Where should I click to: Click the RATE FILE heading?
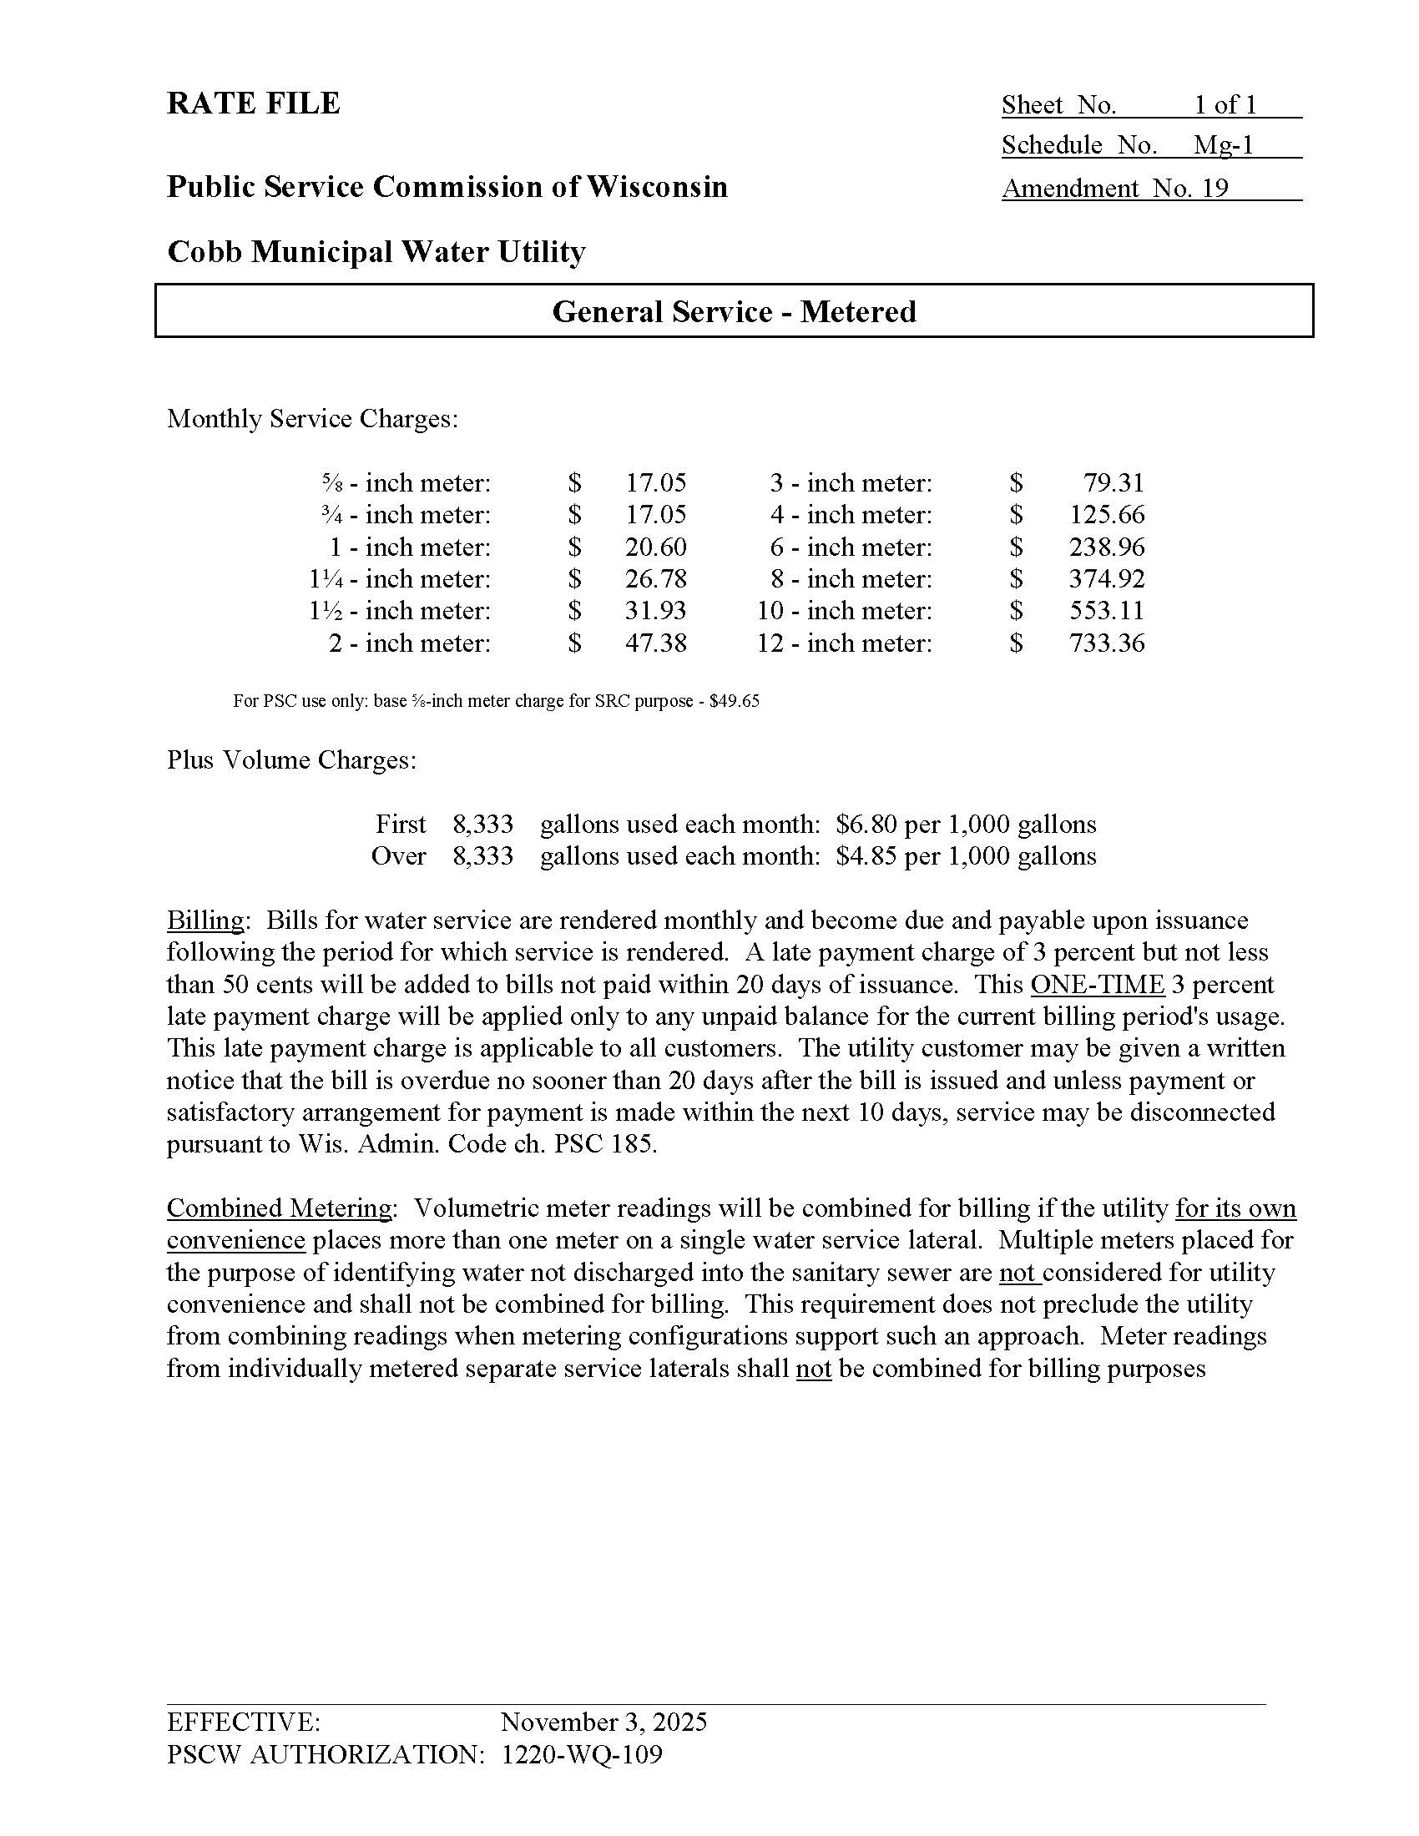[x=253, y=103]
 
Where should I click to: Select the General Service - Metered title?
[x=733, y=312]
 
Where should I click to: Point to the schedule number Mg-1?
[x=1223, y=145]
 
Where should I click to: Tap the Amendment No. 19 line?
[x=1114, y=188]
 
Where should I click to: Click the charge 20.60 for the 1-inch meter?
[x=655, y=547]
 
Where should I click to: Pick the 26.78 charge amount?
[x=655, y=579]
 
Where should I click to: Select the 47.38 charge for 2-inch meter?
[x=655, y=643]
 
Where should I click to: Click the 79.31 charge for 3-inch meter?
[x=1113, y=483]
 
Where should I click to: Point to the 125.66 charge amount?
[x=1106, y=514]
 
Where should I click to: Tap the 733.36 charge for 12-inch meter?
[x=1106, y=643]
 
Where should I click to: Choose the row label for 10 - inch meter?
[x=844, y=611]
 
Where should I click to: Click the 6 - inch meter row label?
[x=851, y=547]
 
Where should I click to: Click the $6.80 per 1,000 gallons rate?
[x=966, y=824]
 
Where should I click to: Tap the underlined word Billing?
[x=205, y=921]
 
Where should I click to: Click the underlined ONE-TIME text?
[x=1096, y=985]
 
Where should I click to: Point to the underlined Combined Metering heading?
[x=278, y=1208]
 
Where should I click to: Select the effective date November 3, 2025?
[x=603, y=1723]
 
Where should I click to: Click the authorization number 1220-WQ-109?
[x=581, y=1754]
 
